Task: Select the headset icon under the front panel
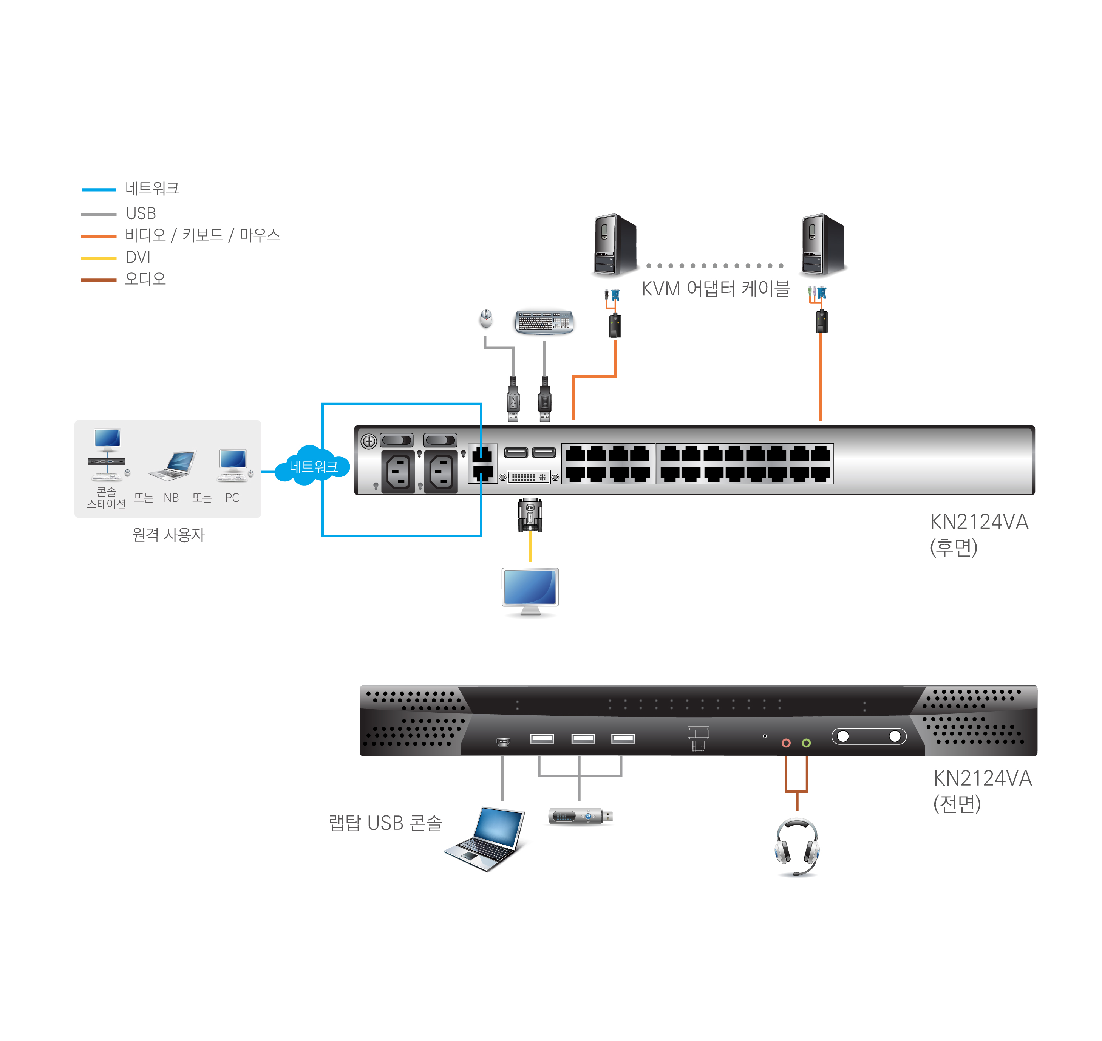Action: tap(796, 847)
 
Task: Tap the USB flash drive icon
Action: tap(580, 816)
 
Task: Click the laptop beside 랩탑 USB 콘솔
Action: tap(486, 838)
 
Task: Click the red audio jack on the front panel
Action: tap(786, 742)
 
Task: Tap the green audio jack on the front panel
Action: tap(806, 742)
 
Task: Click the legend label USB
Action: tap(141, 213)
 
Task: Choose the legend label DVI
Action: tap(138, 257)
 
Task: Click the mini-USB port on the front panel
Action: tap(503, 741)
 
